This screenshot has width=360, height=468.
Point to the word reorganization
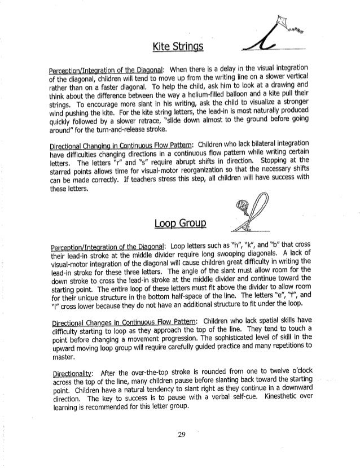(190, 173)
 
